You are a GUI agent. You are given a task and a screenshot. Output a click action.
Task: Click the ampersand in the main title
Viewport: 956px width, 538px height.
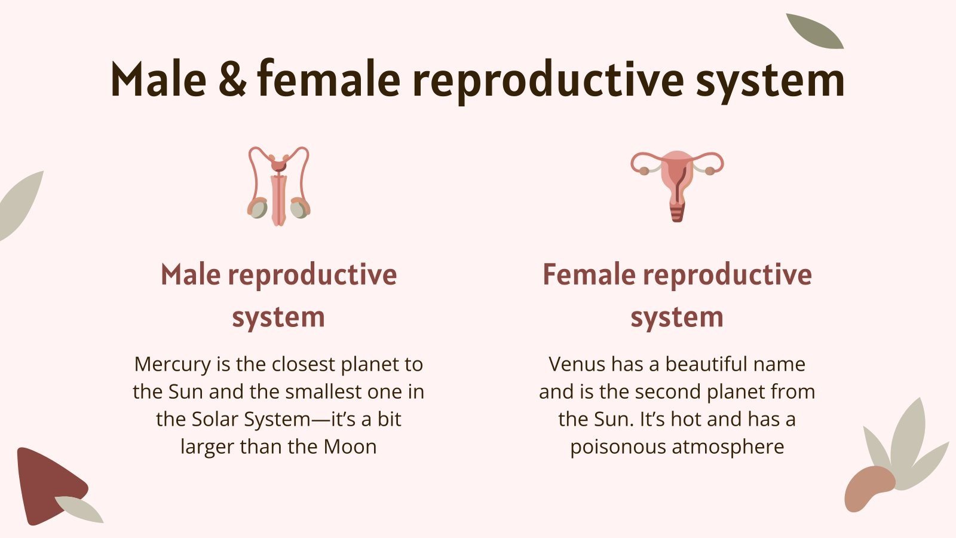(x=232, y=80)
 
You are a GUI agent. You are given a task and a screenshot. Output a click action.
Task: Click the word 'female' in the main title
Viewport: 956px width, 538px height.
(x=329, y=80)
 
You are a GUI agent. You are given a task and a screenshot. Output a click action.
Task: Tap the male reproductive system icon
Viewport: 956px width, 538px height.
(x=279, y=186)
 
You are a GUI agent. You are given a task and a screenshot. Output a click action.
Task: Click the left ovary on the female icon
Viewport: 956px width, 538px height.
(x=644, y=170)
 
